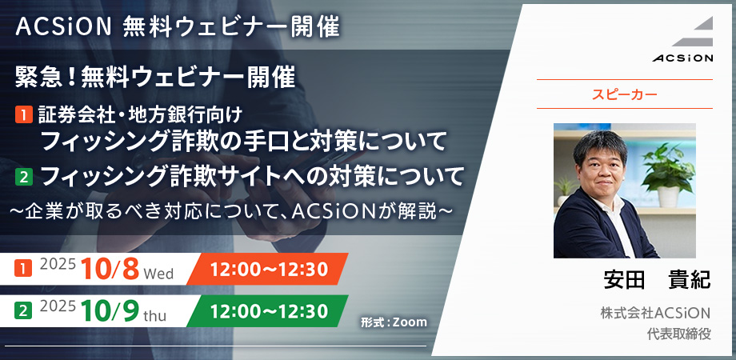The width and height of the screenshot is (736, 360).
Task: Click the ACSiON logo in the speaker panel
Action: [682, 39]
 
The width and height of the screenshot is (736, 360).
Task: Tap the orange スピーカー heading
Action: [624, 94]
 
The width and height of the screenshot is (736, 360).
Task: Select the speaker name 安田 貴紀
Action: [657, 280]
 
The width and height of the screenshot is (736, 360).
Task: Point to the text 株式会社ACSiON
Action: [656, 313]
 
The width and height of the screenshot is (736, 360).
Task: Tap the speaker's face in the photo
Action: [600, 163]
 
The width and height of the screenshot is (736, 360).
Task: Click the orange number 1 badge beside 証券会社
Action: [23, 115]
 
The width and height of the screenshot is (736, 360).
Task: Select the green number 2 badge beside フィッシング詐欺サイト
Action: [23, 178]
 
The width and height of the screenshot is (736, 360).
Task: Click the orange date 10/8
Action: [110, 270]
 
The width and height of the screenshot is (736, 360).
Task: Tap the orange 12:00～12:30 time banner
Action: [269, 269]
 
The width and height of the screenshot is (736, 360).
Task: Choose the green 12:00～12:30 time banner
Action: [269, 311]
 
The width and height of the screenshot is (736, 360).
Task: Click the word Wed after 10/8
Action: [158, 273]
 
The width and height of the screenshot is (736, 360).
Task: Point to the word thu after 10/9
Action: [155, 316]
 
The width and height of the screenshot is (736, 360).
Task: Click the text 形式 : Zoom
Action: [394, 322]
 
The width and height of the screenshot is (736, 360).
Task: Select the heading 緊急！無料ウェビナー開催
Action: [155, 78]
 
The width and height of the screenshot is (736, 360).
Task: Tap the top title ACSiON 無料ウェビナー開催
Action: [178, 28]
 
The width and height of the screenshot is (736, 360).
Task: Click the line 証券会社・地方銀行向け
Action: [142, 115]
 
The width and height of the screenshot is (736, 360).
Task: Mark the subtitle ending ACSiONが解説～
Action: [232, 212]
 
